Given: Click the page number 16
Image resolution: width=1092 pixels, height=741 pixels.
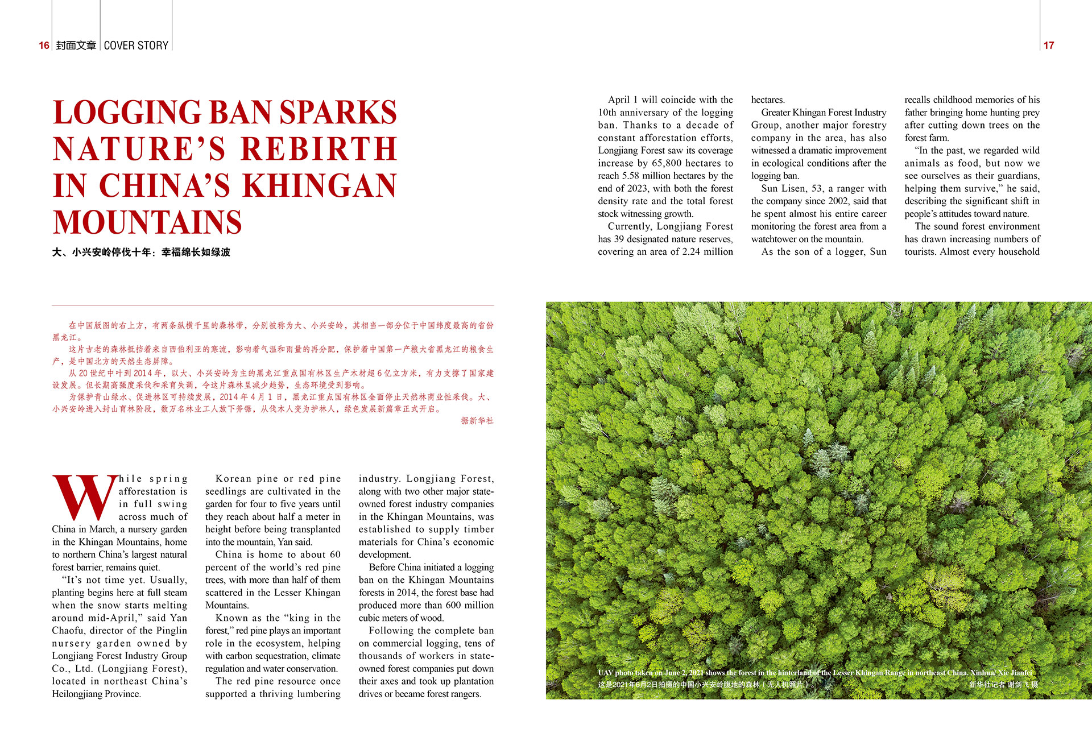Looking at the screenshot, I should click(44, 45).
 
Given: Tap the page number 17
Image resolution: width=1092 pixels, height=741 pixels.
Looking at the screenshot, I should click(1049, 45).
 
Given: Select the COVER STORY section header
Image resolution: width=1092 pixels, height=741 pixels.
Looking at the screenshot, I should click(136, 45).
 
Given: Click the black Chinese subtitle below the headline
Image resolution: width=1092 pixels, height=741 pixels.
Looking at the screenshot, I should click(141, 252).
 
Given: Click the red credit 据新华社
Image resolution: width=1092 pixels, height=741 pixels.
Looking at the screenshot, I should click(477, 421).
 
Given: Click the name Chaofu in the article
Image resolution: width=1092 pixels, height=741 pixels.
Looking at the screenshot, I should click(68, 631).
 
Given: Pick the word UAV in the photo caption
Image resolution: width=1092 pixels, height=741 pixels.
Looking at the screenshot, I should click(605, 673).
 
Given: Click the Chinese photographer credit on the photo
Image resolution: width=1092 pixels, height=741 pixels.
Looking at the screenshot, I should click(1003, 685).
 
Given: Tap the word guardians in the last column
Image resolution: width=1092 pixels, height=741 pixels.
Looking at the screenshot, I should click(1019, 176).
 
